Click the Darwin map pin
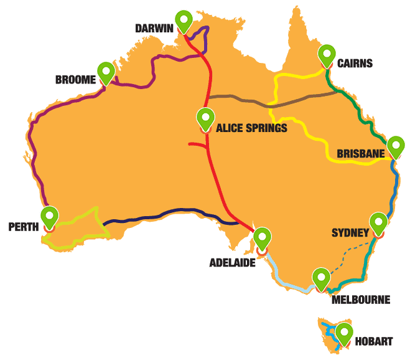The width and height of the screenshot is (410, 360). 184,21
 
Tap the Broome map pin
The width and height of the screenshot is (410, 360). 106,72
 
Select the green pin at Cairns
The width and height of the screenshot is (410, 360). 327,55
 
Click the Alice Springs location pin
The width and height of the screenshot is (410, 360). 205,118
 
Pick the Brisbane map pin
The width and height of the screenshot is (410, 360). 396,146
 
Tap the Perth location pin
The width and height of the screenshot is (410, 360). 50,217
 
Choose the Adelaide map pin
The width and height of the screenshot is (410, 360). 263,239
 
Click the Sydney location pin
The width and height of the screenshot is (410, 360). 378,223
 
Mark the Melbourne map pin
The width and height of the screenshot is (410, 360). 321,278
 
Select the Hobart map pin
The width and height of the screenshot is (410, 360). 344,333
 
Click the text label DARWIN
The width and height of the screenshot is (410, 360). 154,28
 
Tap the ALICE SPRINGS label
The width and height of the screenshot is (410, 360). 251,129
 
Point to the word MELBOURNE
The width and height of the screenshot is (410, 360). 361,300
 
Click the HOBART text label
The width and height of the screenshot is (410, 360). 374,341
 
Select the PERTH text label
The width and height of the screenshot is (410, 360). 24,227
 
